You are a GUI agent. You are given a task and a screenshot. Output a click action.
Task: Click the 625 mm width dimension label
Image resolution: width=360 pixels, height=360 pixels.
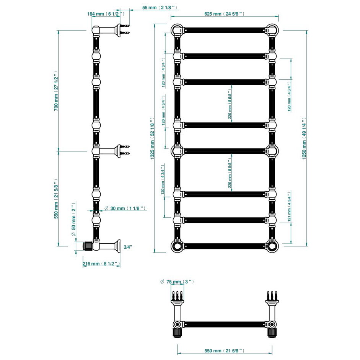(x=224, y=14)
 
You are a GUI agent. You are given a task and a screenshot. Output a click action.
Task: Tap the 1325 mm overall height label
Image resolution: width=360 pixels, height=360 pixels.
(x=152, y=138)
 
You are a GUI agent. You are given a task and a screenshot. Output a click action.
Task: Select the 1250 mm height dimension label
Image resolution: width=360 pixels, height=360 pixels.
(x=304, y=138)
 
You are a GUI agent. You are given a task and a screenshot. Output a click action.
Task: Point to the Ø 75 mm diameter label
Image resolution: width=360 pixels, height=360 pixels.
(x=178, y=282)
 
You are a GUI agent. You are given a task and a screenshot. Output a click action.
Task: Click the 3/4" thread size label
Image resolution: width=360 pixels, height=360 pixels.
(x=127, y=247)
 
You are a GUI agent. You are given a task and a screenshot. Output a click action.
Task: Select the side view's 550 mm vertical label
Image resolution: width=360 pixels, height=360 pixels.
(x=56, y=198)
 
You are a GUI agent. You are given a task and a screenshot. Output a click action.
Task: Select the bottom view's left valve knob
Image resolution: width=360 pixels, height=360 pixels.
(x=177, y=331)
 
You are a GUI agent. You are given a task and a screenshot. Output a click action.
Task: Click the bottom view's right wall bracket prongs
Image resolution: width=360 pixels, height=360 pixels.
(x=271, y=295)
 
